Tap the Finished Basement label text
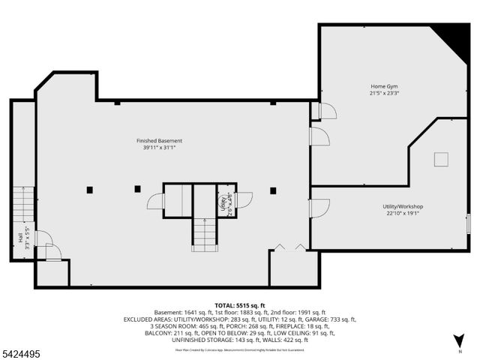[x=159, y=141]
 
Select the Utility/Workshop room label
[x=403, y=206]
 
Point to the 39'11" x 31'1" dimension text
[x=159, y=148]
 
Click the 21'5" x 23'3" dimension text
[x=383, y=94]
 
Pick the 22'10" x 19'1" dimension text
[x=403, y=214]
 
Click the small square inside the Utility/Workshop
[x=441, y=158]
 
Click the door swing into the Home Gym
[x=327, y=111]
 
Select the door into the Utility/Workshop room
[x=319, y=207]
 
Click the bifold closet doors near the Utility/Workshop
[x=289, y=246]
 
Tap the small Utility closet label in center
[x=224, y=202]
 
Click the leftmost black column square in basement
[x=89, y=189]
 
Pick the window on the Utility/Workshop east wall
[x=468, y=223]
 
